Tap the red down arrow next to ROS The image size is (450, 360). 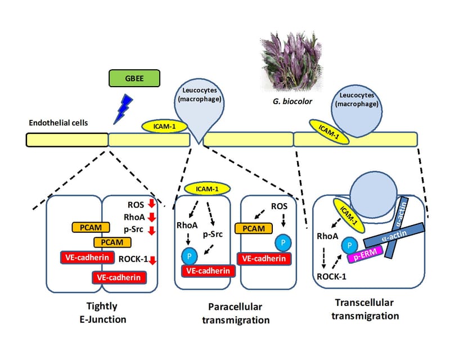151,205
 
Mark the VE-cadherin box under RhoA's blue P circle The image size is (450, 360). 206,271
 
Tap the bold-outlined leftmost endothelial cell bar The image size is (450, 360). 67,139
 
